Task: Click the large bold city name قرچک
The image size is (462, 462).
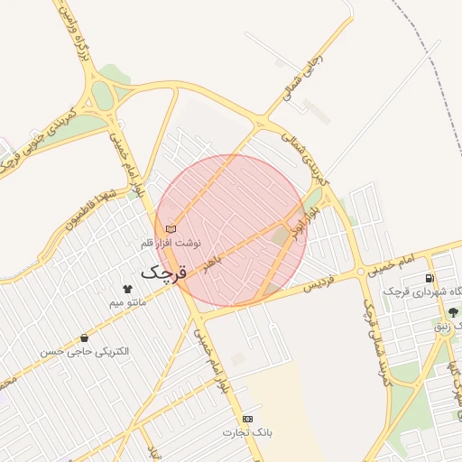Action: (x=162, y=272)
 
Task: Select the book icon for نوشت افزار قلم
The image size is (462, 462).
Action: (x=171, y=228)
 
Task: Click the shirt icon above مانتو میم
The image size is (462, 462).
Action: (x=127, y=289)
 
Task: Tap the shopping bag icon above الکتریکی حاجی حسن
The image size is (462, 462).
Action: (x=84, y=337)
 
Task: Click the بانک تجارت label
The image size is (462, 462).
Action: (x=247, y=433)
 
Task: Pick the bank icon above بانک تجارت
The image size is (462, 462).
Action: (x=247, y=419)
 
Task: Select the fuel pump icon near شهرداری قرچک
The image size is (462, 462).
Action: (x=429, y=278)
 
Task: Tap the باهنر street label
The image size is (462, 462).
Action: (x=213, y=263)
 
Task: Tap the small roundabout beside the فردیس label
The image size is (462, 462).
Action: (x=361, y=271)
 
